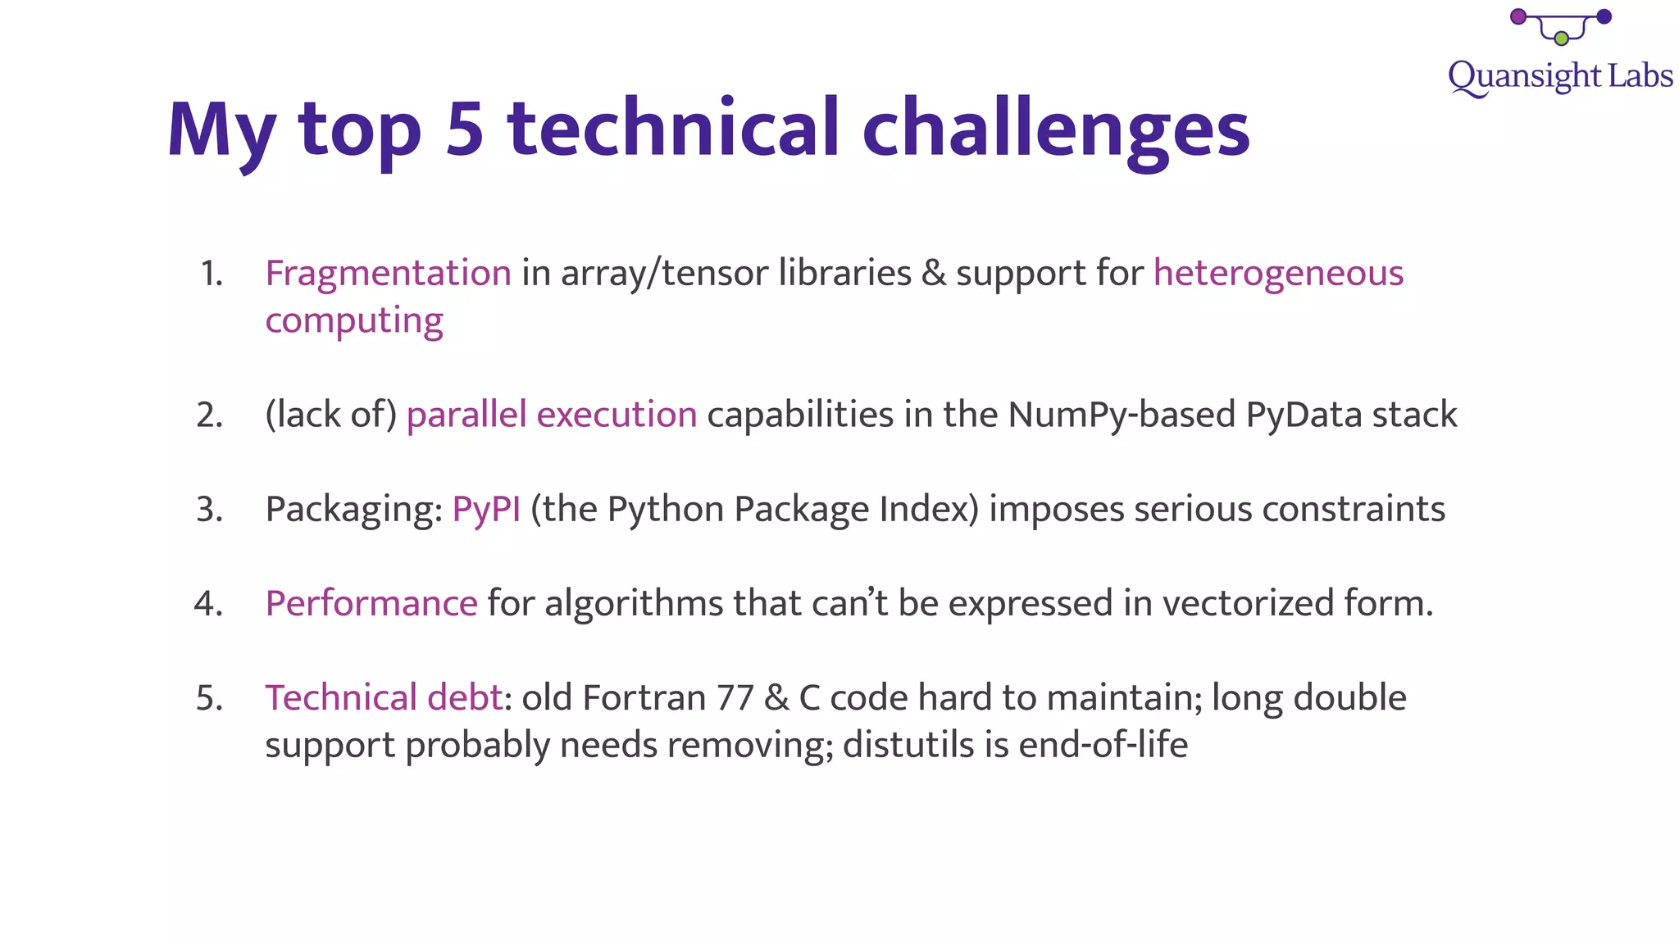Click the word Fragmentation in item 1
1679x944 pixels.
388,273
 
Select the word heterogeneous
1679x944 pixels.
1278,273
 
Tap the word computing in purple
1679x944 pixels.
354,320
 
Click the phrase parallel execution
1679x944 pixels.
552,415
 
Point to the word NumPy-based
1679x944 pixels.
1122,415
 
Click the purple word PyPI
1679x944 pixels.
486,509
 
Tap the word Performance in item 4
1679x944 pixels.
371,603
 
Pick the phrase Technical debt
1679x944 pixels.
384,697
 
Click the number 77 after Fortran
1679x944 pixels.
735,698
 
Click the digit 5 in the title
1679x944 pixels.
465,129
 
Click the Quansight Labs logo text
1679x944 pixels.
1560,76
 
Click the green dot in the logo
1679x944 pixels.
1561,39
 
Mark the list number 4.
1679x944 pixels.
208,604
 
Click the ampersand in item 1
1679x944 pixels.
933,274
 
